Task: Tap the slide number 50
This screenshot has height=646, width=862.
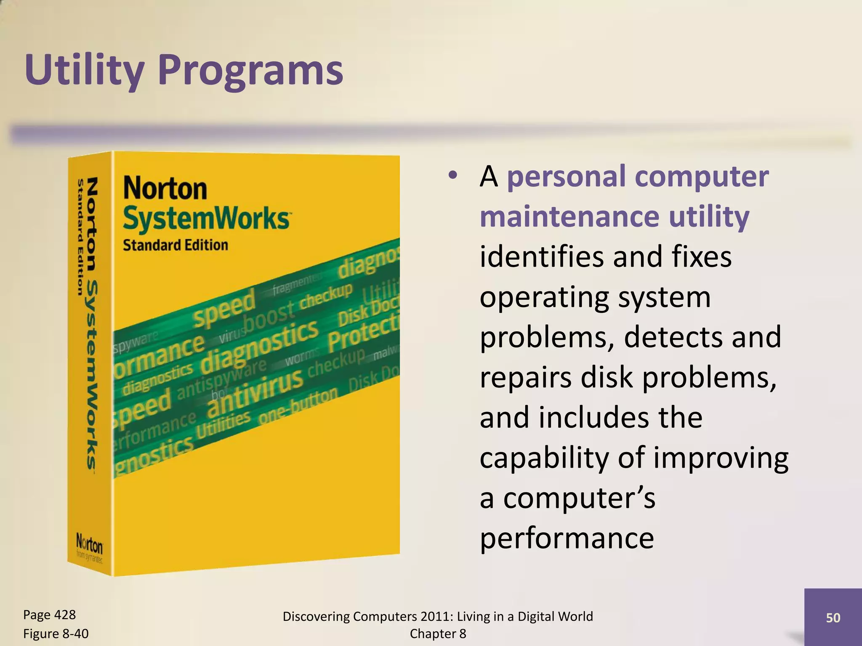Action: pyautogui.click(x=833, y=617)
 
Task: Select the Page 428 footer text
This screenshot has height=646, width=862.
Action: pyautogui.click(x=49, y=614)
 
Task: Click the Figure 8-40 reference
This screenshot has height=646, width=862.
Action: pyautogui.click(x=56, y=633)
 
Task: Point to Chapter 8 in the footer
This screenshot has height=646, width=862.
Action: pyautogui.click(x=438, y=633)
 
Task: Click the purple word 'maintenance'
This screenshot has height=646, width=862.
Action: pyautogui.click(x=569, y=216)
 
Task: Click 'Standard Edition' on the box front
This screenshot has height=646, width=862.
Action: pyautogui.click(x=175, y=245)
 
